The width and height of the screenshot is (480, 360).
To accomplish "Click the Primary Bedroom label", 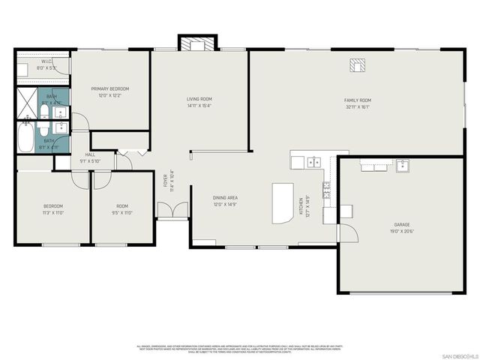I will coord(111,88).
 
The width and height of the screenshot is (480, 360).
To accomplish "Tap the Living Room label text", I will coord(199,99).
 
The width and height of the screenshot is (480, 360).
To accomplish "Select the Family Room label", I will coord(357,100).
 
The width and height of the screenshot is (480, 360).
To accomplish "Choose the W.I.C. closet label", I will coord(45,61).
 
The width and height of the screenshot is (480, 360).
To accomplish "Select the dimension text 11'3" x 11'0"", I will coord(52,212).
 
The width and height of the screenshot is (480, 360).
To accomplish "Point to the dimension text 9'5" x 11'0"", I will coord(122,212).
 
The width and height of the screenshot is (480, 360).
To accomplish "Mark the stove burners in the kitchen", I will coord(327,190).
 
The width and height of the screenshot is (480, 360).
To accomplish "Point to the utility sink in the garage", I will coord(402,165).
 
